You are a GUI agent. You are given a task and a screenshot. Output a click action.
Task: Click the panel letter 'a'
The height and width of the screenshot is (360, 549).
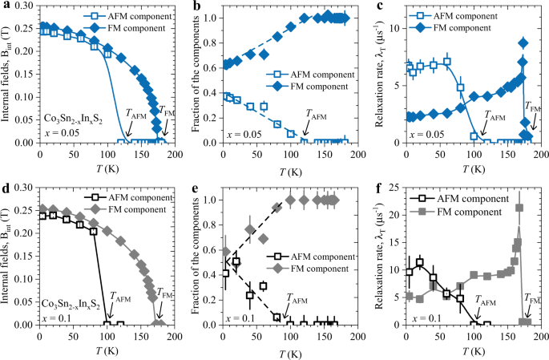pyautogui.click(x=5, y=7)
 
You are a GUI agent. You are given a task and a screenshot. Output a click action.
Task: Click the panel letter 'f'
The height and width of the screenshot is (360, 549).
pyautogui.click(x=372, y=190)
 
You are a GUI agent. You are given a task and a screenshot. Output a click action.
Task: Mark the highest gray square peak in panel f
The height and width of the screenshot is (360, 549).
pyautogui.click(x=519, y=208)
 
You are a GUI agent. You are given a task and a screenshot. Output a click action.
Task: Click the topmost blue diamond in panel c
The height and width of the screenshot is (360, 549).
pyautogui.click(x=524, y=43)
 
